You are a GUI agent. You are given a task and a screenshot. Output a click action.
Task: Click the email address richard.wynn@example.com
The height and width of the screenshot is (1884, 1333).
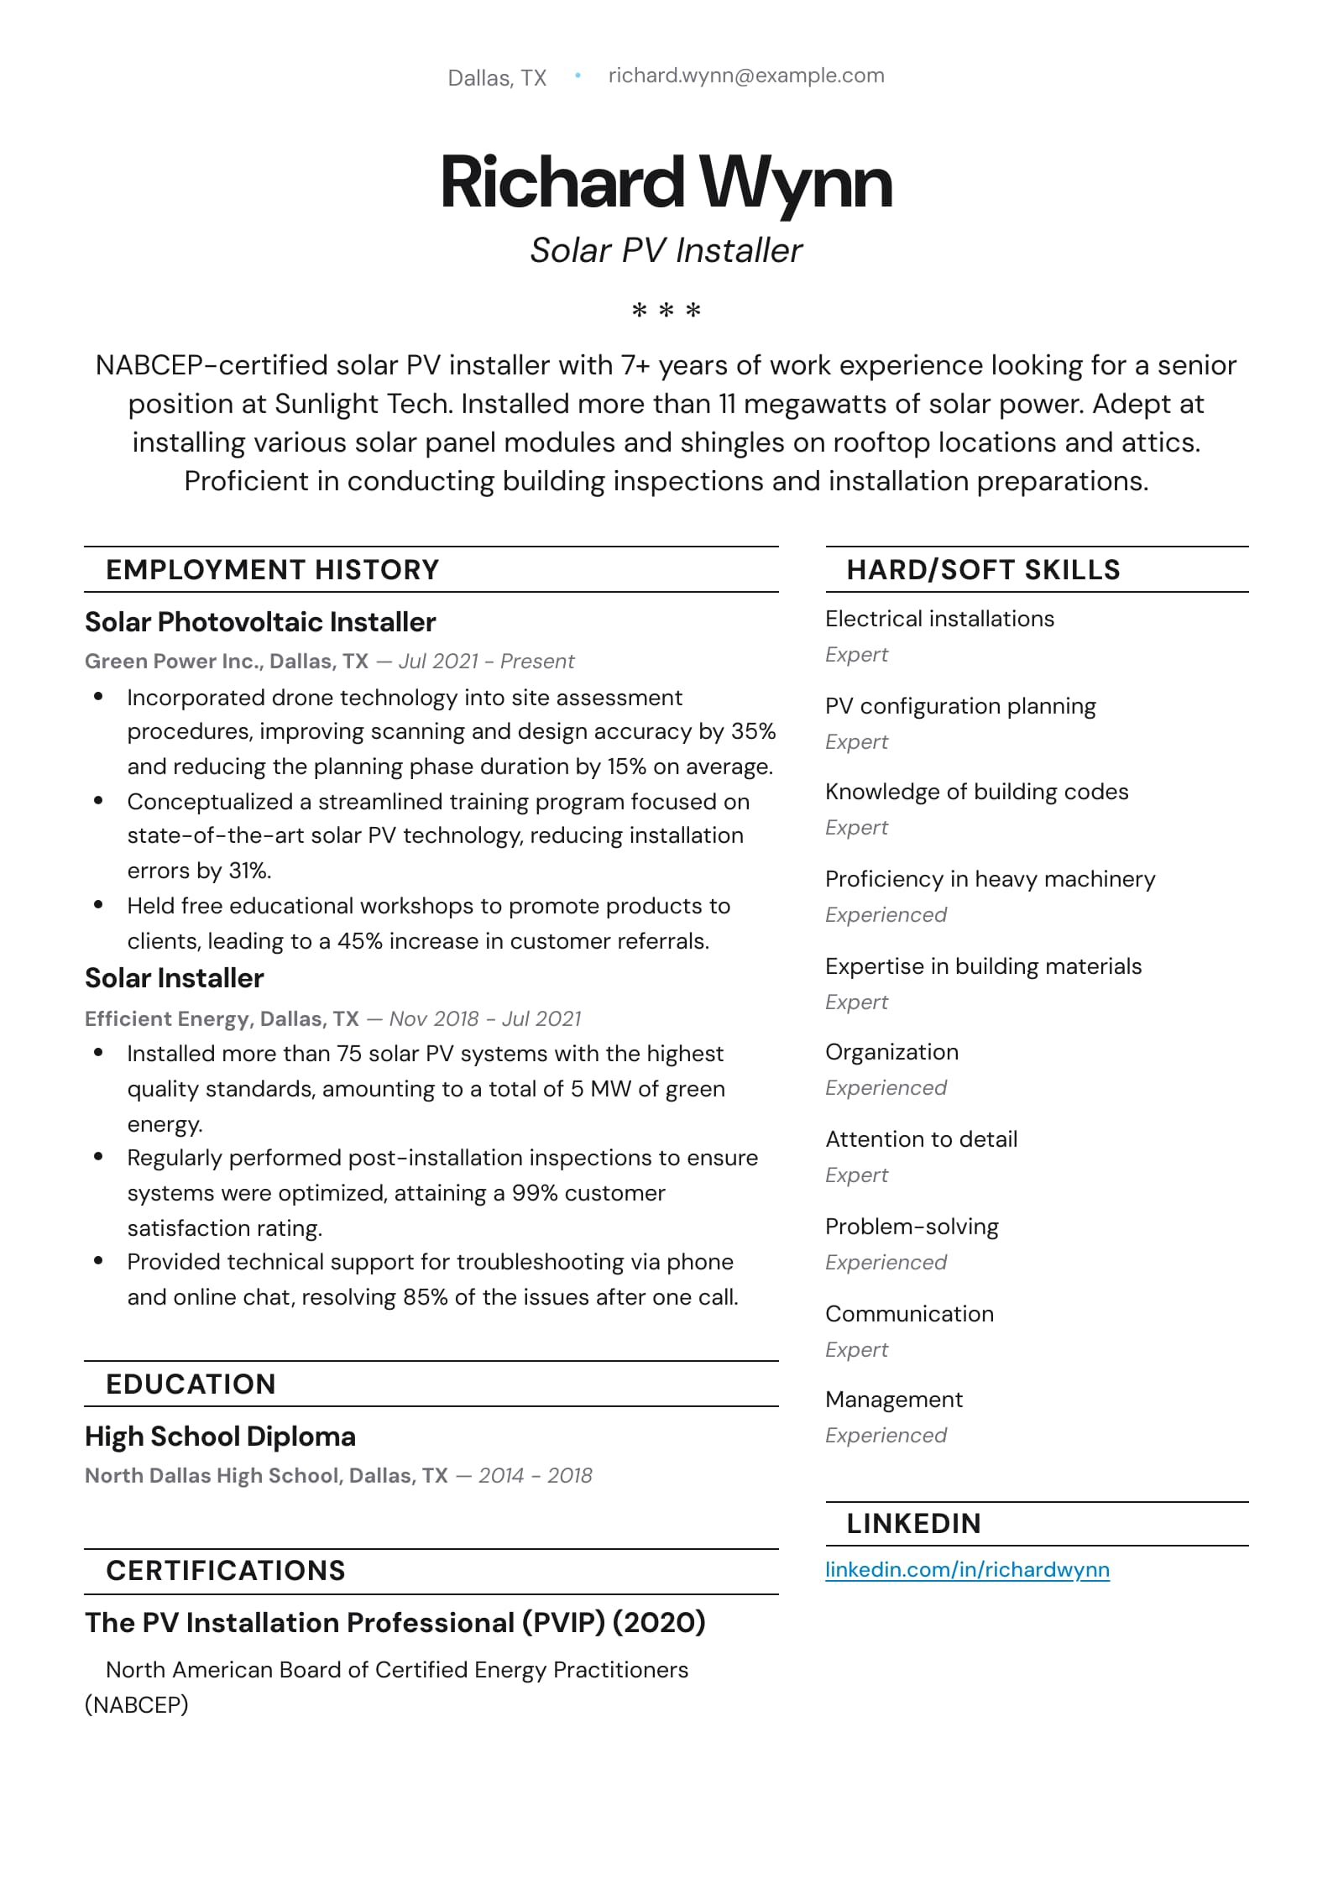[x=745, y=76]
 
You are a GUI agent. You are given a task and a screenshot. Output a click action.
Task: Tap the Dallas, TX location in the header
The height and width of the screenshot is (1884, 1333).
[x=497, y=78]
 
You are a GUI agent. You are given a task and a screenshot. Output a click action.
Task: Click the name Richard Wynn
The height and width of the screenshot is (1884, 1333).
[x=666, y=182]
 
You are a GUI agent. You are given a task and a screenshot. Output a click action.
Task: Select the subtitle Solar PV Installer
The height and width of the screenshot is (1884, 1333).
[x=666, y=250]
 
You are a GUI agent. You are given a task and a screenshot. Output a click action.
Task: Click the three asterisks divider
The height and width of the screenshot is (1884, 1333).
[x=666, y=311]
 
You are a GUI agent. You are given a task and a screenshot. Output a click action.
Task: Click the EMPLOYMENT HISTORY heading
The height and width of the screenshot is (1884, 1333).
[x=272, y=570]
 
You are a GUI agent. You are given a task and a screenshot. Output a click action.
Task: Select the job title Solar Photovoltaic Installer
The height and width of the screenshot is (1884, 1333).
[x=260, y=622]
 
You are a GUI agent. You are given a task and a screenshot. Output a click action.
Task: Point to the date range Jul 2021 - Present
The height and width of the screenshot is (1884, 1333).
[x=486, y=662]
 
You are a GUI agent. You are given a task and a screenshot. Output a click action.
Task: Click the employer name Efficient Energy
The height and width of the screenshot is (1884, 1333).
[x=167, y=1018]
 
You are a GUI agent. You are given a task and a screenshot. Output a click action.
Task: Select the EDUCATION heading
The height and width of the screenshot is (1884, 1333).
[x=191, y=1384]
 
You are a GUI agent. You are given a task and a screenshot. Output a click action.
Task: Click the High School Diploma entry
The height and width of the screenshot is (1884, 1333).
[x=220, y=1437]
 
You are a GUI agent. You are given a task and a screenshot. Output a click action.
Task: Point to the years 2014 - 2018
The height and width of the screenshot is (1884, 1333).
[x=535, y=1476]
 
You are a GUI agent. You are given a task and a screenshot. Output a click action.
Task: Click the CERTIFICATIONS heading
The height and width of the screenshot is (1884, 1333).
[x=225, y=1571]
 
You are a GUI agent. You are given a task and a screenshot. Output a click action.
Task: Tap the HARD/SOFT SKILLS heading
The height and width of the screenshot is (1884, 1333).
[x=983, y=570]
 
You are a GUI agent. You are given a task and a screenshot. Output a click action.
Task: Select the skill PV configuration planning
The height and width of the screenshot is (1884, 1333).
[x=960, y=706]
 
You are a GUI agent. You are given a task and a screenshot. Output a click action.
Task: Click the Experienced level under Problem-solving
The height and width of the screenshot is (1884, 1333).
[x=886, y=1263]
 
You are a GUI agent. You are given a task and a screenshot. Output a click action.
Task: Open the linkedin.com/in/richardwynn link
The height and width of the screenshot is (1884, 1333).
[x=967, y=1570]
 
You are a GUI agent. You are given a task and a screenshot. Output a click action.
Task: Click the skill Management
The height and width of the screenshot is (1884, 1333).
[x=894, y=1400]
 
